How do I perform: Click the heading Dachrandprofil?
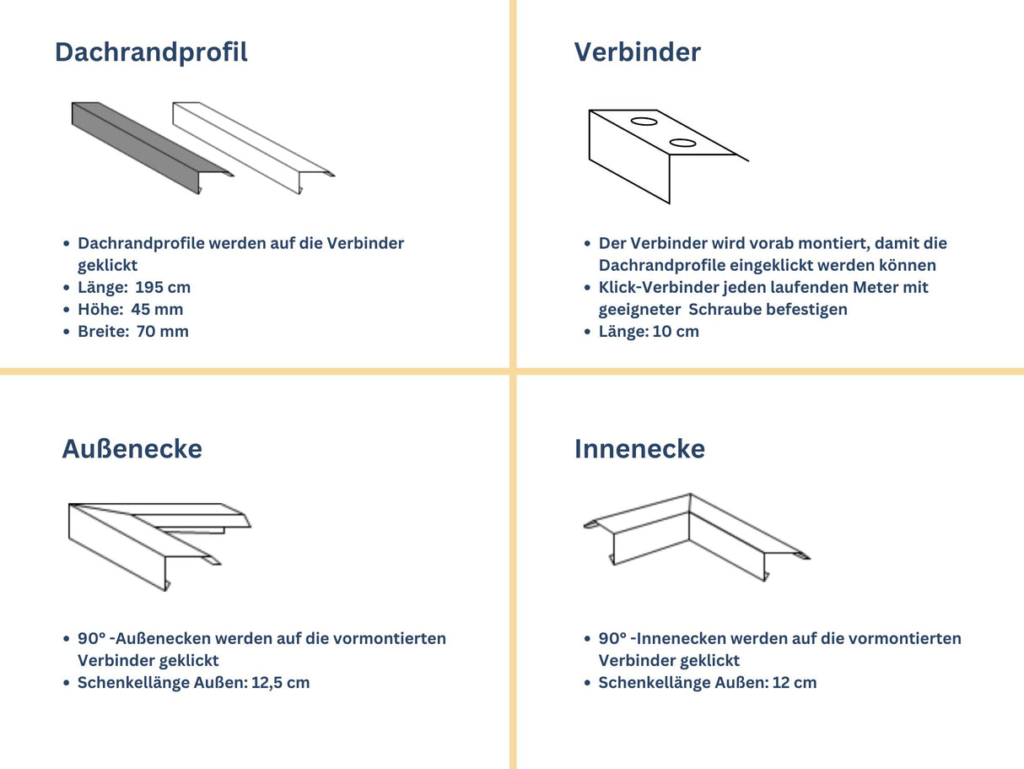point(151,52)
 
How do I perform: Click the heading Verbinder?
point(637,52)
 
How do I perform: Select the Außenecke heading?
point(132,449)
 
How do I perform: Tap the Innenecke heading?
point(639,449)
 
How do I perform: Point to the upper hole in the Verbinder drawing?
point(644,122)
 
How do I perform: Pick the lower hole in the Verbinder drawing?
point(682,143)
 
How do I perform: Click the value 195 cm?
point(163,287)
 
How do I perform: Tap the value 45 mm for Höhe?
point(157,309)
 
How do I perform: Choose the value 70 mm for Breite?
point(162,331)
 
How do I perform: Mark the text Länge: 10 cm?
point(649,331)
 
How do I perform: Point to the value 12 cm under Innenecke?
point(794,682)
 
